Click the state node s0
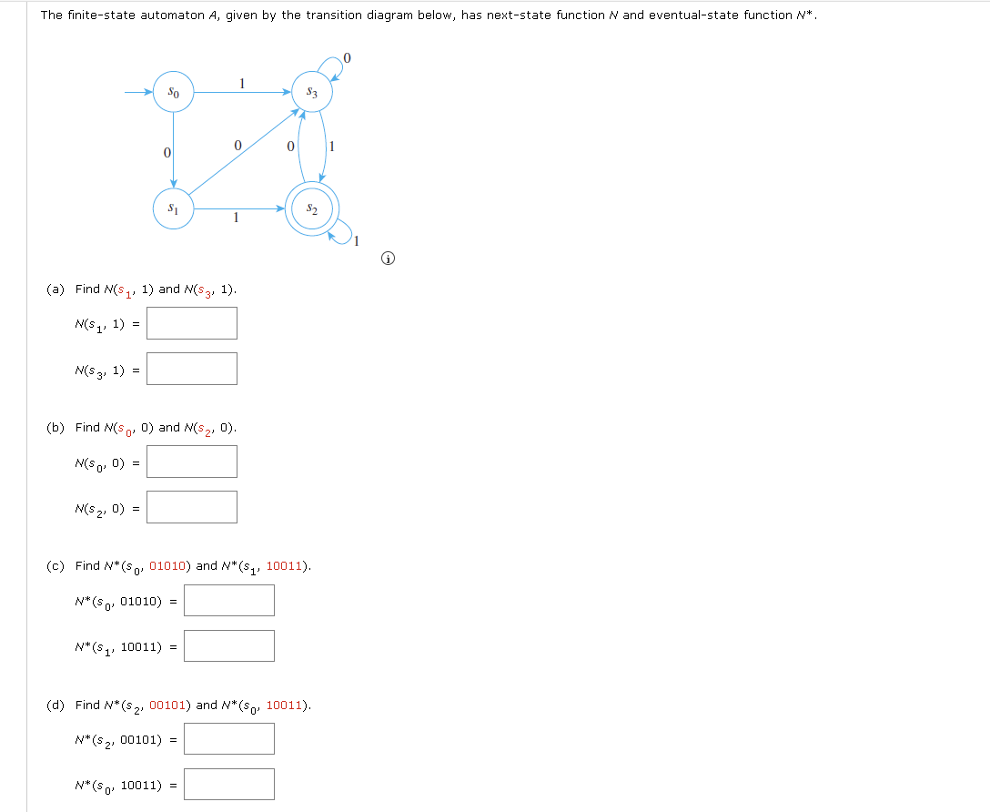[173, 92]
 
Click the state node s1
[173, 208]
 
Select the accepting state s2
[312, 209]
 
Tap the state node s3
[312, 92]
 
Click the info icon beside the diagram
[389, 259]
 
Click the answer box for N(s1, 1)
[192, 323]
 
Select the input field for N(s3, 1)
[192, 369]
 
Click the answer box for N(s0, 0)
[192, 462]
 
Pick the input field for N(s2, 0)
[192, 507]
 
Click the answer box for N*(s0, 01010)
[228, 601]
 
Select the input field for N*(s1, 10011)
[228, 646]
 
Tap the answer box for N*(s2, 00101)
[228, 738]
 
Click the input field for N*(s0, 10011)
[228, 785]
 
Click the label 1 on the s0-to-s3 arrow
[241, 83]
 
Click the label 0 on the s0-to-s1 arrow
[167, 152]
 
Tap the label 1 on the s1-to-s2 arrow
[236, 218]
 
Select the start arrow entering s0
[138, 92]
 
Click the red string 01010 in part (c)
[169, 566]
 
